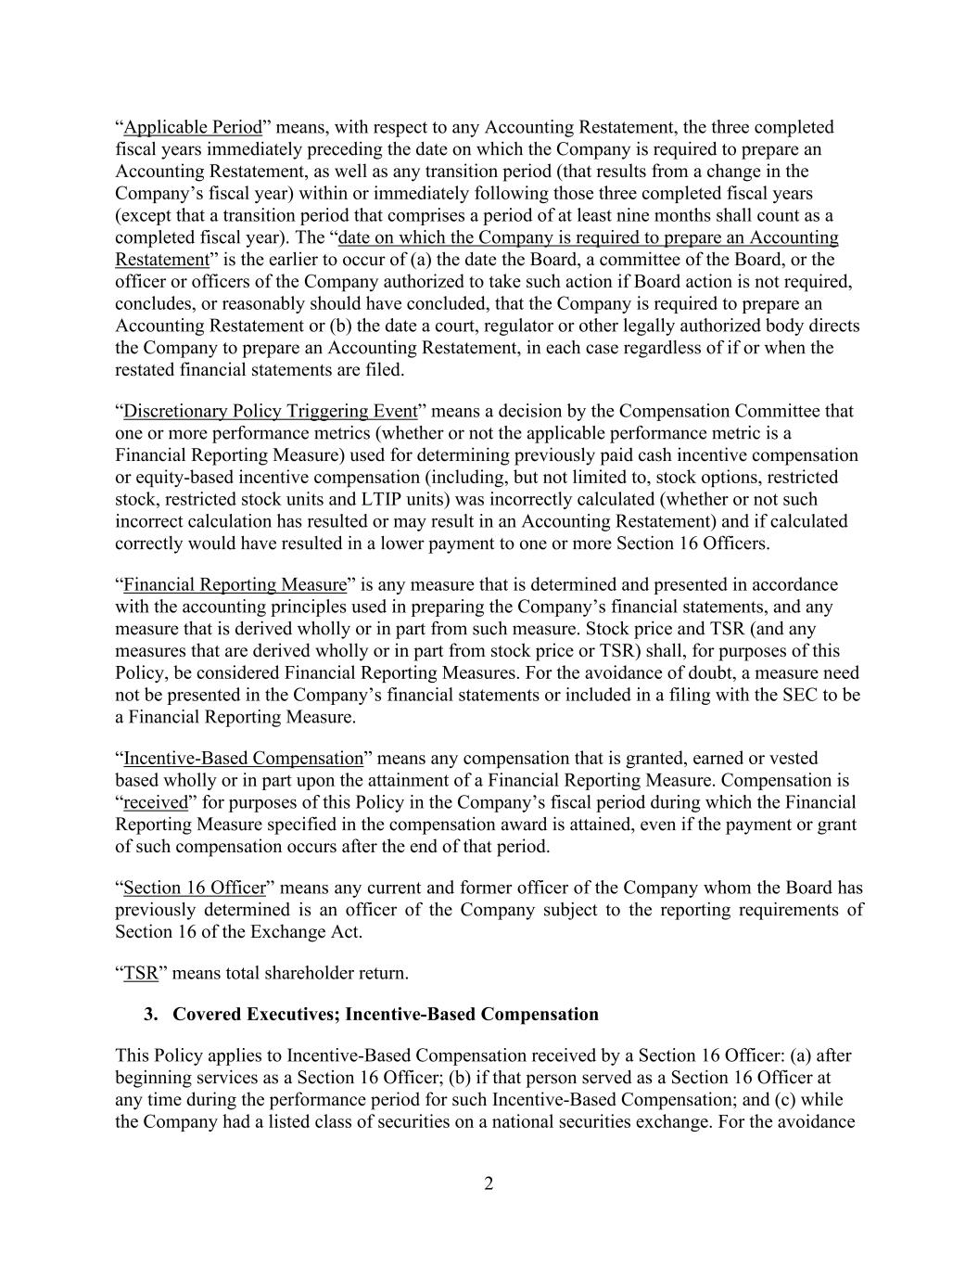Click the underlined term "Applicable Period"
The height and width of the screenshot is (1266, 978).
[x=193, y=127]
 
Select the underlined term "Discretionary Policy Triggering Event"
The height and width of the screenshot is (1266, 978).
[x=270, y=411]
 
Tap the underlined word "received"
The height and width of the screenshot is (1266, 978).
[x=155, y=802]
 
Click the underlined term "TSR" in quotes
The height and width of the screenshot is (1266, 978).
[x=141, y=973]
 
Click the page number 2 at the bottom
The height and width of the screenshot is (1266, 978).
[x=489, y=1184]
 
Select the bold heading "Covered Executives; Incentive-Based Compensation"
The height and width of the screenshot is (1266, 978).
[x=386, y=1014]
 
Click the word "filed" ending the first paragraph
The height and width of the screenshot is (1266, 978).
[x=385, y=369]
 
